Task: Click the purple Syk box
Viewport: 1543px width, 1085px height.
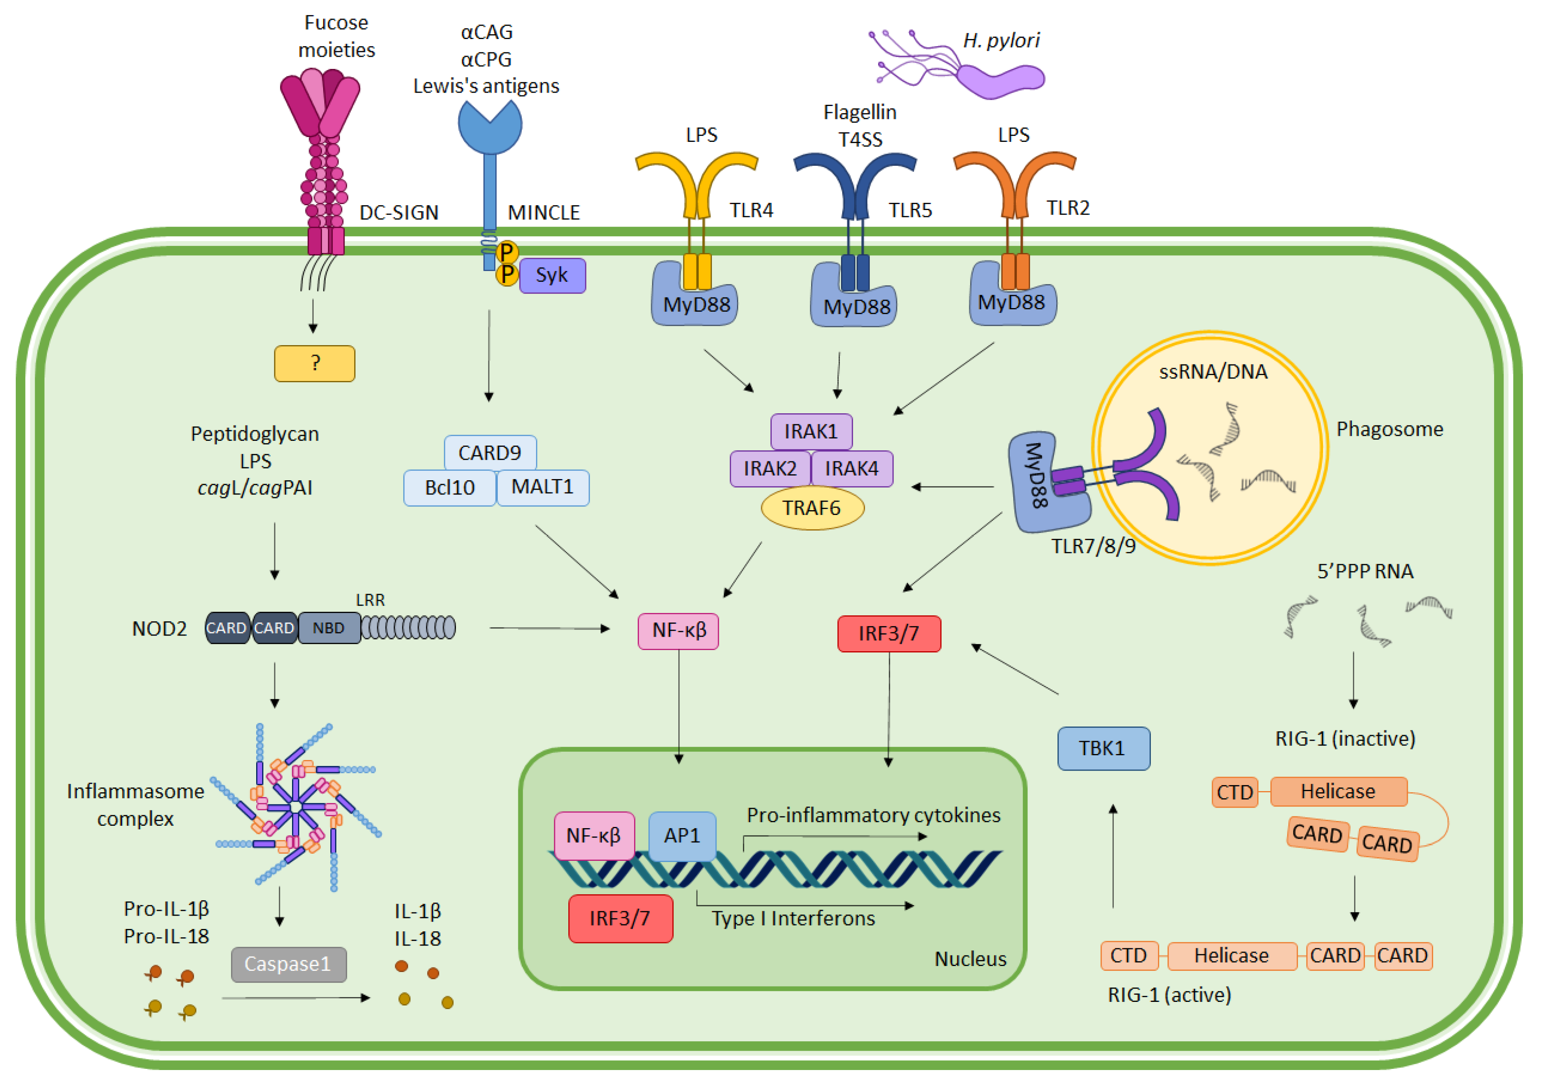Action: click(552, 275)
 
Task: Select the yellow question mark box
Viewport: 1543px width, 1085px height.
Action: click(315, 364)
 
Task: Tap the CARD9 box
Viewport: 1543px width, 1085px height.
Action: click(490, 453)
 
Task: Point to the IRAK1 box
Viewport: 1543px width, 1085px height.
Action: click(811, 431)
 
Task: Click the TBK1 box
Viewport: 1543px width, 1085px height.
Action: click(1104, 749)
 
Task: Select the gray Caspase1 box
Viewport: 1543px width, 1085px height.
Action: click(288, 965)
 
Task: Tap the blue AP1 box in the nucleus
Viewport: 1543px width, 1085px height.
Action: click(682, 836)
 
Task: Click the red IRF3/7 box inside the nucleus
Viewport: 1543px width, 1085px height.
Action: click(620, 918)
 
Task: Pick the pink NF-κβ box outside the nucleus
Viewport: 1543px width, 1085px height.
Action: click(678, 631)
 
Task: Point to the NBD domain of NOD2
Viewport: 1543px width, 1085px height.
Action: click(329, 628)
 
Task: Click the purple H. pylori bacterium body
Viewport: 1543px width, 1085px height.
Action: click(1001, 81)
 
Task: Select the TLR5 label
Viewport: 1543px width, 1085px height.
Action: click(910, 210)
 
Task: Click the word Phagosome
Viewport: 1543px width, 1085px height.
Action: click(1389, 429)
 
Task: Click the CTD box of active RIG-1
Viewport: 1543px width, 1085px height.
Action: click(1129, 956)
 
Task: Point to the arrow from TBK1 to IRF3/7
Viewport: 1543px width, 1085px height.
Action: click(1015, 669)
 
